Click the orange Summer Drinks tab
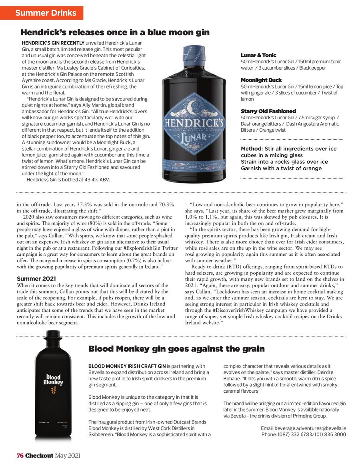pyautogui.click(x=45, y=13)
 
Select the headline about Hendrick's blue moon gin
pyautogui.click(x=115, y=32)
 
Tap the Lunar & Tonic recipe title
pyautogui.click(x=258, y=55)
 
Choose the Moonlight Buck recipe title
pyautogui.click(x=261, y=80)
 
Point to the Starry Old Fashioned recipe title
pyautogui.click(x=268, y=111)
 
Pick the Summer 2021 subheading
pyautogui.click(x=36, y=278)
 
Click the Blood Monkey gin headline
pyautogui.click(x=176, y=349)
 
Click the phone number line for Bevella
pyautogui.click(x=304, y=434)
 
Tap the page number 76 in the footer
pyautogui.click(x=20, y=456)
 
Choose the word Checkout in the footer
pyautogui.click(x=39, y=456)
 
